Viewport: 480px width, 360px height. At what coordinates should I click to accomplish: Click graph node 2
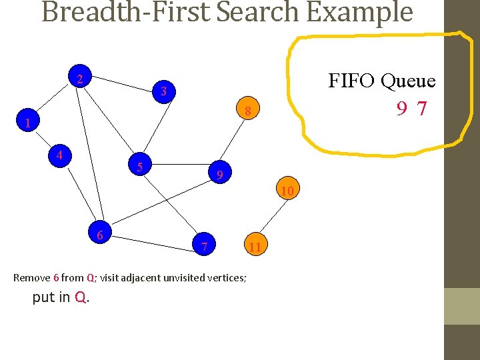[x=79, y=79]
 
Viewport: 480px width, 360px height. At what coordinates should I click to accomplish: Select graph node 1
[x=27, y=123]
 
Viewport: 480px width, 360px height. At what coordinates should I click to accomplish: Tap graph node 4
[x=59, y=156]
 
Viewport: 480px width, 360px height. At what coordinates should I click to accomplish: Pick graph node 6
[x=99, y=235]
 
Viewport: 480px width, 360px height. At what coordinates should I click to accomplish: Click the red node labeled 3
[x=163, y=91]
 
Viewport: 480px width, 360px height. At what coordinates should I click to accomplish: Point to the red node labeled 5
[x=140, y=167]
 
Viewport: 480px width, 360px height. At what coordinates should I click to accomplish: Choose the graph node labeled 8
[x=247, y=111]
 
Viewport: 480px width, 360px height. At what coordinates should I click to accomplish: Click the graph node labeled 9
[x=219, y=175]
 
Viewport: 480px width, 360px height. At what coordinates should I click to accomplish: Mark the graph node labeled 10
[x=287, y=192]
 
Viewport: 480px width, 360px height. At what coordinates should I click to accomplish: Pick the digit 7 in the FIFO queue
[x=421, y=108]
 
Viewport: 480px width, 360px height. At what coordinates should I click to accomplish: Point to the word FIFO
[x=353, y=81]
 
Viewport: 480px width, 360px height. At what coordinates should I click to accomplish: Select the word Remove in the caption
[x=31, y=277]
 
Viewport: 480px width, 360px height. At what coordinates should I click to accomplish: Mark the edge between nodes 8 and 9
[x=233, y=143]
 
